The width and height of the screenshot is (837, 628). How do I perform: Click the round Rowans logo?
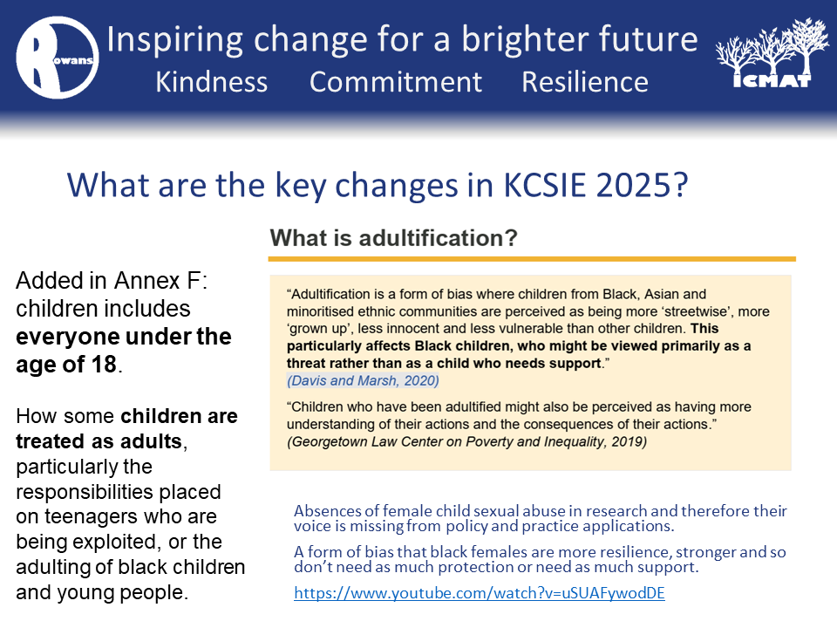point(58,58)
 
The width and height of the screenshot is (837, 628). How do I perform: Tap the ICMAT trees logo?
point(765,53)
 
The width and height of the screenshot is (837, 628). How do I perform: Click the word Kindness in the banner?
point(211,82)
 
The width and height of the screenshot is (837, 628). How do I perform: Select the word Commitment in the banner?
point(396,82)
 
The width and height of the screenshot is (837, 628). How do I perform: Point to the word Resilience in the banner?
point(585,82)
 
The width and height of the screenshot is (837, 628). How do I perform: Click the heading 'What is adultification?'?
point(393,237)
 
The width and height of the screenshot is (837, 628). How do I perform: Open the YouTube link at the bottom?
point(480,593)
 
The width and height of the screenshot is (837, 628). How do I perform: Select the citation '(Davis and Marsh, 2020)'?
point(363,380)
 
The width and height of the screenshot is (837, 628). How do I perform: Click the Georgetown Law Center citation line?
point(467,441)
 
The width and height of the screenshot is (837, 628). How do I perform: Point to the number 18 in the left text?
point(104,365)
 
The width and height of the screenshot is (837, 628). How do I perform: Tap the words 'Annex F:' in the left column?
point(160,280)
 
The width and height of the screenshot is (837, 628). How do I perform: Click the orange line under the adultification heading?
point(532,259)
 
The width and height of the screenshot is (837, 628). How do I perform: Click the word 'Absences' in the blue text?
point(327,511)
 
